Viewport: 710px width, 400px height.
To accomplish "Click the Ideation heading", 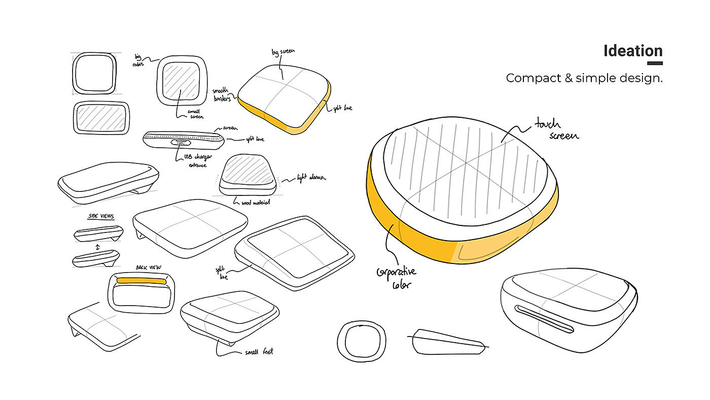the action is click(x=633, y=51).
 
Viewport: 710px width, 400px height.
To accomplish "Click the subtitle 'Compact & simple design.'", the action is click(x=584, y=78).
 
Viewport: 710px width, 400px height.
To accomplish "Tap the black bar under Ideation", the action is click(x=655, y=63).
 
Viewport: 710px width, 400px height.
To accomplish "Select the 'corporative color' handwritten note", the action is click(x=396, y=277).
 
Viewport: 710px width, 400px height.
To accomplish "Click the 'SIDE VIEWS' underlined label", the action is click(x=101, y=216).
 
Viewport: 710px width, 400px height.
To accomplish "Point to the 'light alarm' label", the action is click(x=312, y=178).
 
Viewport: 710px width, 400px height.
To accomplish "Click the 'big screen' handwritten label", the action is click(x=283, y=52).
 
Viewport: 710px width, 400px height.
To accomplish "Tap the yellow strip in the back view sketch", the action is click(x=141, y=280).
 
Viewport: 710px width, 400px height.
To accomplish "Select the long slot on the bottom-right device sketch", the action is click(x=544, y=318).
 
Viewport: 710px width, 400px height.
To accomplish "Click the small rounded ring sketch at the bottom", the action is click(x=362, y=340).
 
